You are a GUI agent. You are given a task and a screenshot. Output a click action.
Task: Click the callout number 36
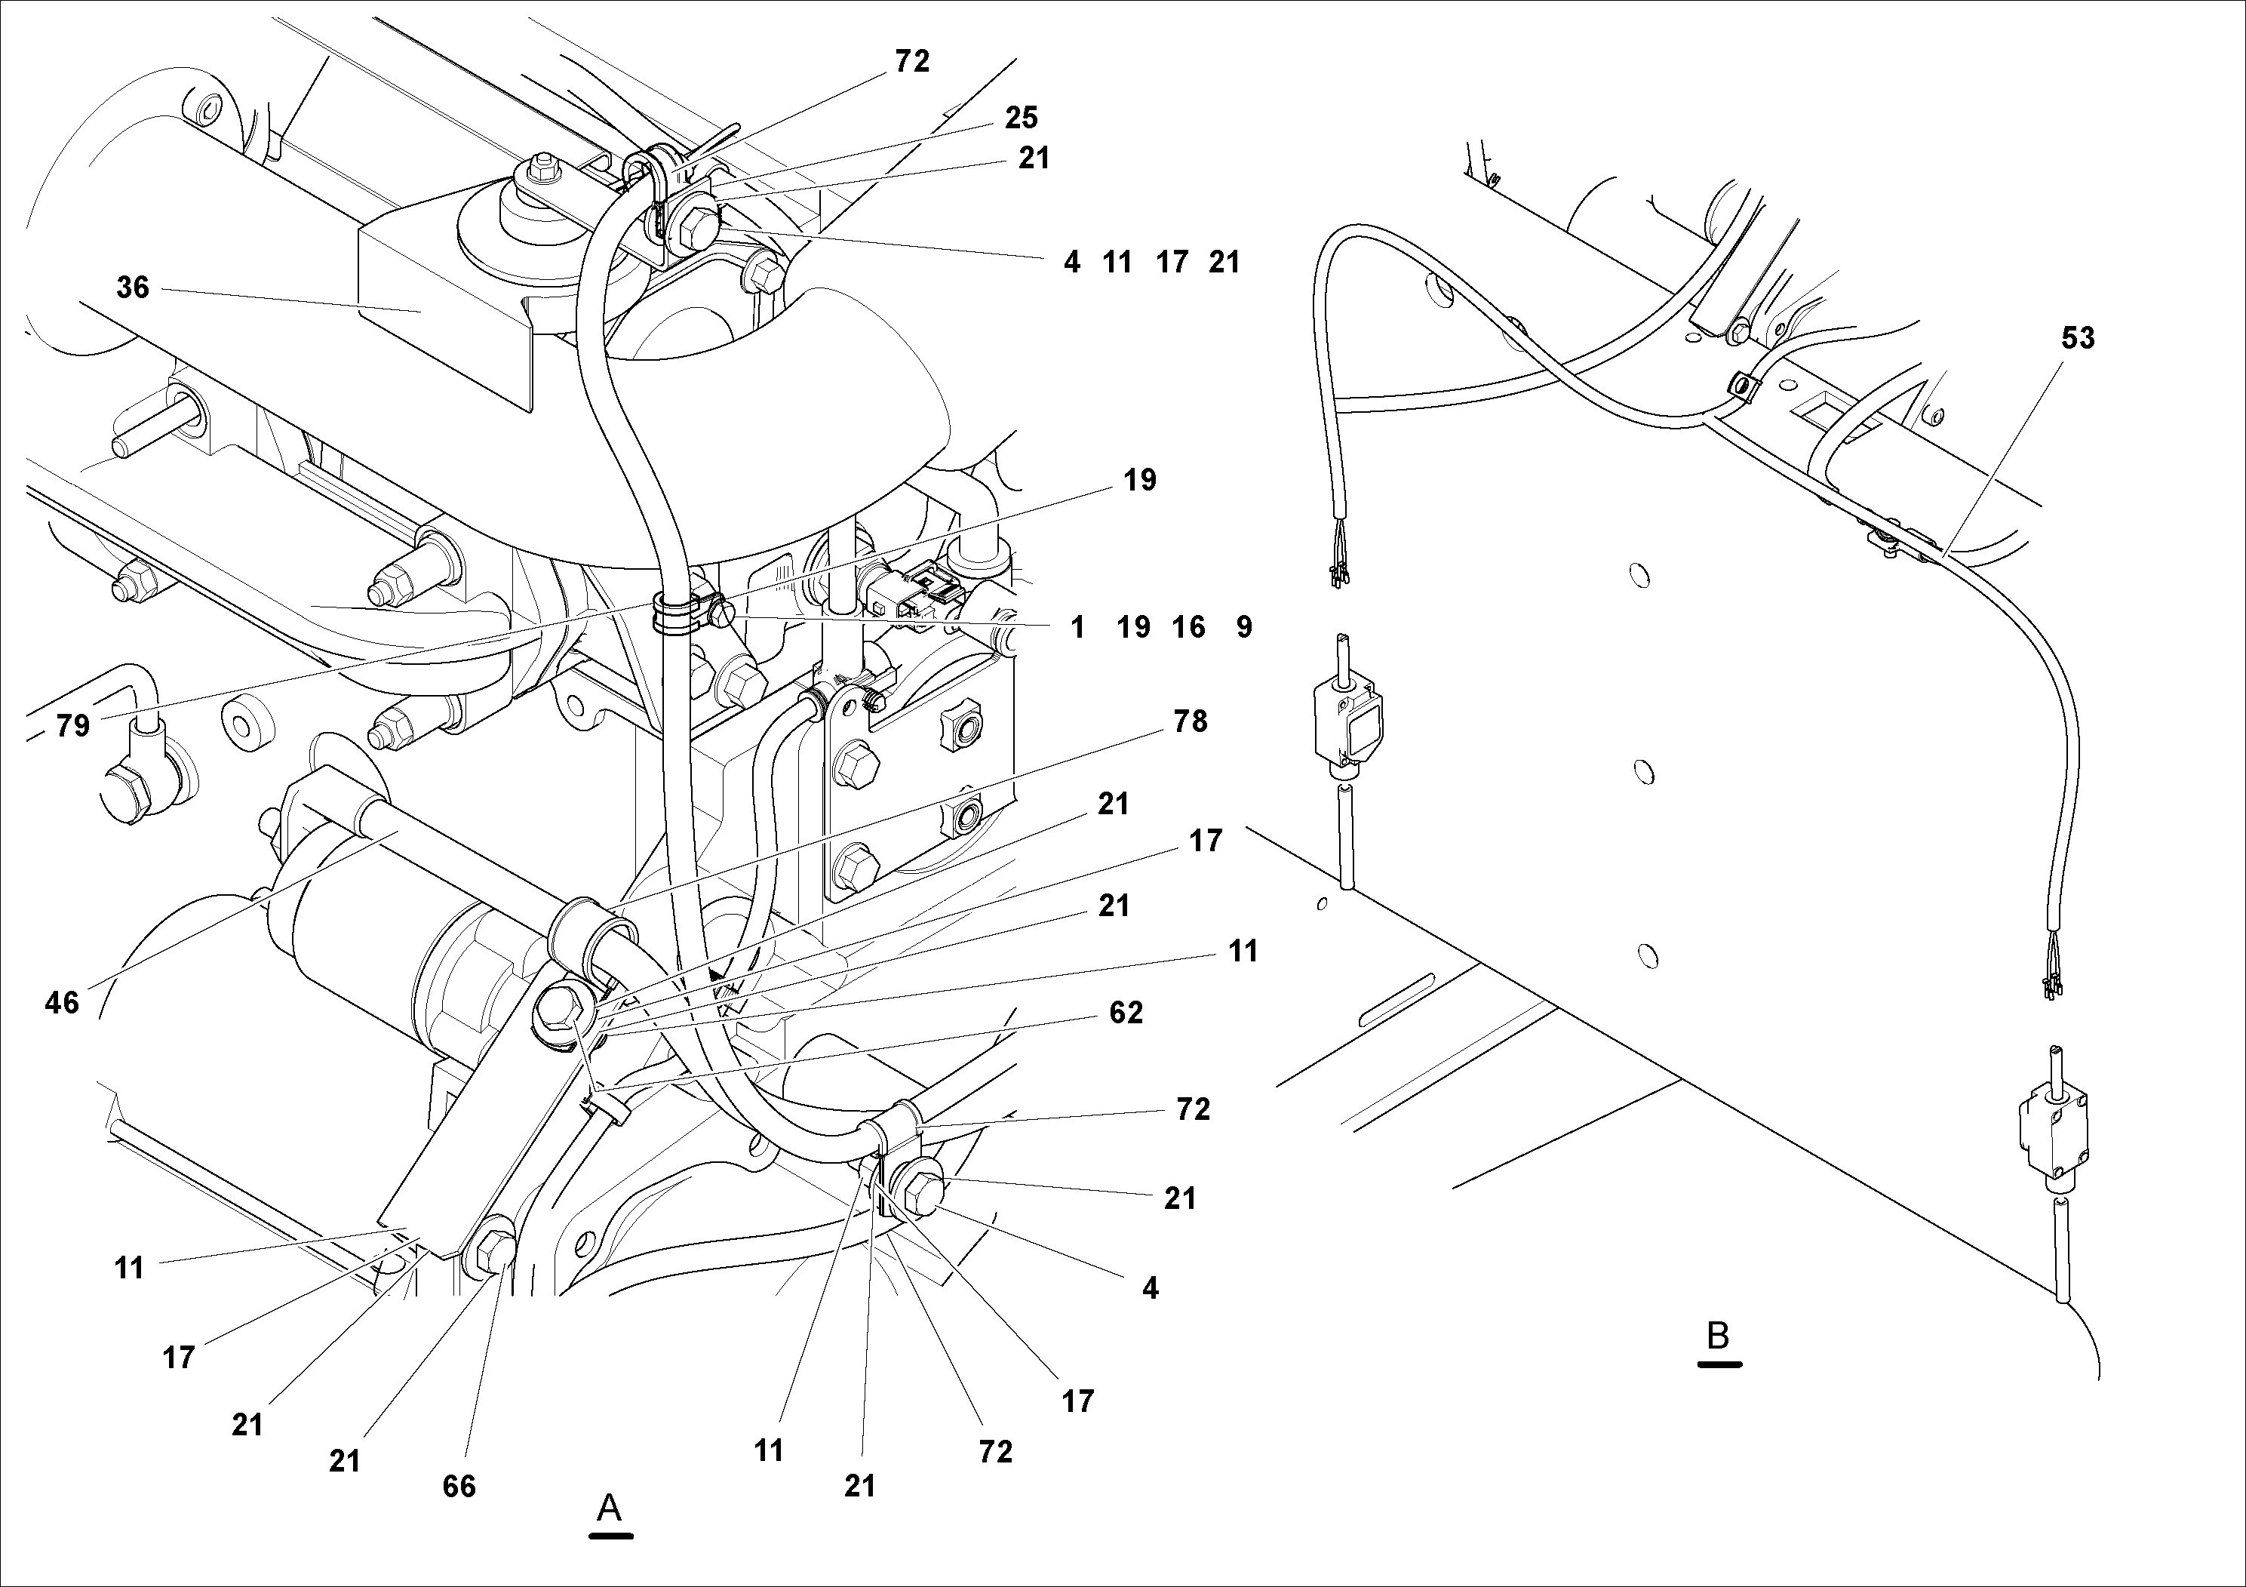click(x=132, y=288)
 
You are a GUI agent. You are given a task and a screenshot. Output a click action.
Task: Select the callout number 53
click(x=2077, y=339)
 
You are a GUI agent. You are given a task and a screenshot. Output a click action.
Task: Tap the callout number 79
click(x=72, y=726)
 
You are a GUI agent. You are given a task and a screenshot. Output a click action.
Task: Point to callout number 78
click(x=1190, y=722)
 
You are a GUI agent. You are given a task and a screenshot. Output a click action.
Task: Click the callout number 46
click(x=62, y=1003)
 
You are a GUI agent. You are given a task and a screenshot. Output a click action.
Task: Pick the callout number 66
click(x=459, y=1486)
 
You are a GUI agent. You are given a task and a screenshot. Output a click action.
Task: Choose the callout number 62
click(x=1126, y=1013)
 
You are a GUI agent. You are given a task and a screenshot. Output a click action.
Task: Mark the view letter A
click(x=610, y=1508)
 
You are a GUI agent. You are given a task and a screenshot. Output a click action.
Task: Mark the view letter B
click(x=1718, y=1336)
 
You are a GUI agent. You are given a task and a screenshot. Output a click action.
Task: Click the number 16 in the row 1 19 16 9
click(x=1188, y=627)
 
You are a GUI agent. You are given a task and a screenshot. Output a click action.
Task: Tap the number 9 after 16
click(x=1243, y=627)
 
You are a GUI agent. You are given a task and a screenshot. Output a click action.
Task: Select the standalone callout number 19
click(x=1140, y=481)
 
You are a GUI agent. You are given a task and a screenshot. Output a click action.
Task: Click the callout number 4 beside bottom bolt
click(x=1150, y=1289)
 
